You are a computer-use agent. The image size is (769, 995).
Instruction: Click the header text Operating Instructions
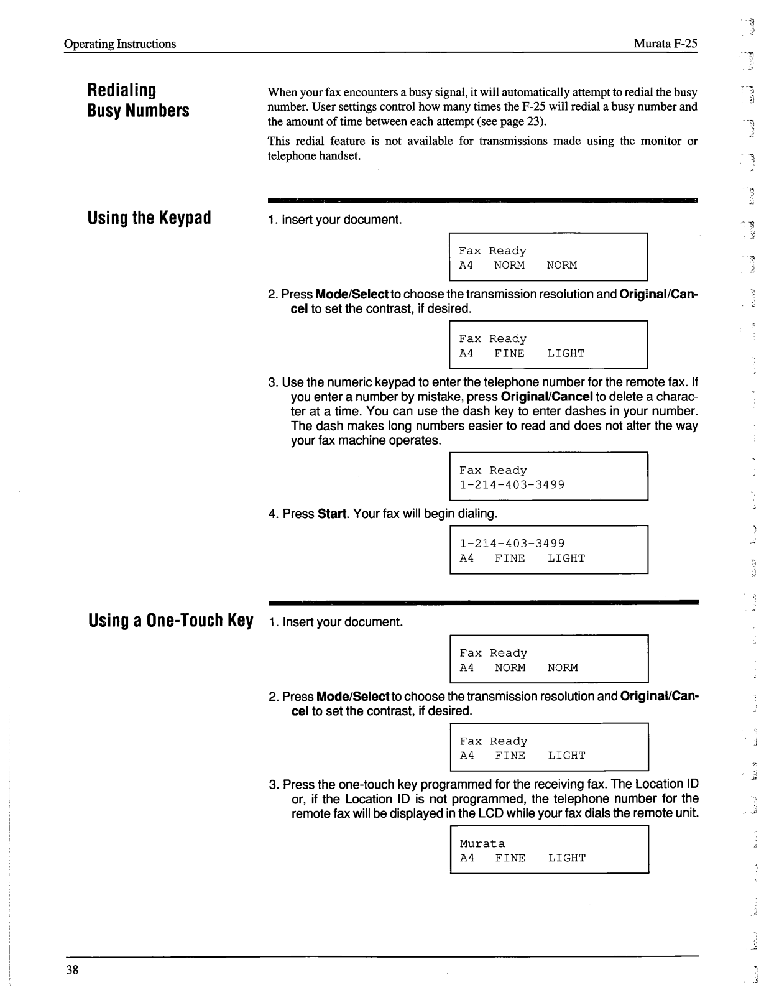[x=120, y=44]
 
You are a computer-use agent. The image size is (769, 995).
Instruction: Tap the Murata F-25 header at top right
[x=665, y=44]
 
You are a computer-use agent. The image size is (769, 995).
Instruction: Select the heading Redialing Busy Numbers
[x=138, y=100]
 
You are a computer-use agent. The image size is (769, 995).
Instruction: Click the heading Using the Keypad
[x=149, y=218]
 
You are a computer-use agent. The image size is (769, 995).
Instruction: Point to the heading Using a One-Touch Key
[x=171, y=621]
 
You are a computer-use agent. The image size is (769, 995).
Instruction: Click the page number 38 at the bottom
[x=72, y=971]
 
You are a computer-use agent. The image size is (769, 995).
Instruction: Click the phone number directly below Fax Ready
[x=512, y=485]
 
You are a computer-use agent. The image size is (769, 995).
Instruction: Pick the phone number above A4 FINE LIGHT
[x=512, y=544]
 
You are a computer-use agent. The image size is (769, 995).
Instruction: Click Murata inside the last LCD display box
[x=482, y=844]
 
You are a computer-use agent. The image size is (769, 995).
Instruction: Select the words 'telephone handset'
[x=314, y=155]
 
